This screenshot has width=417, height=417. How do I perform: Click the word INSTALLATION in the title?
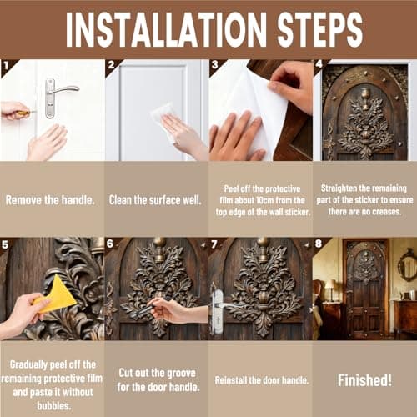tap(166, 30)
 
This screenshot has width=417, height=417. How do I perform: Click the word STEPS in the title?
tap(320, 30)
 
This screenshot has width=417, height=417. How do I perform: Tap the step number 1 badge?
tap(6, 66)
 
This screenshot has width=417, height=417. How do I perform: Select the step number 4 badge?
tap(319, 64)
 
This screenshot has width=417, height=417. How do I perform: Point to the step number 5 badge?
tap(5, 244)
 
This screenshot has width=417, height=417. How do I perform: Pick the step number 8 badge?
tap(319, 244)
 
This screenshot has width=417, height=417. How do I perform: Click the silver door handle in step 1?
tap(58, 98)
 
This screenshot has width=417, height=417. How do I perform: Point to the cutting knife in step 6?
tap(148, 308)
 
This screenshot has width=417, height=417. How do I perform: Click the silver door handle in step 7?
tap(223, 309)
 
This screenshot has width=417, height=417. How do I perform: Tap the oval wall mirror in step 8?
tap(407, 264)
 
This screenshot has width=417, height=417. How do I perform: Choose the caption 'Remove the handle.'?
tap(50, 200)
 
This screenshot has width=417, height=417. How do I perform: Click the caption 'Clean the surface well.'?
tap(155, 200)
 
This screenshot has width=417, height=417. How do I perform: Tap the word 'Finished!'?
tap(364, 380)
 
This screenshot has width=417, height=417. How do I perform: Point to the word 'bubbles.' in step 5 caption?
tap(54, 406)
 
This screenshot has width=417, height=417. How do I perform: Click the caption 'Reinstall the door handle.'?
tap(262, 380)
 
